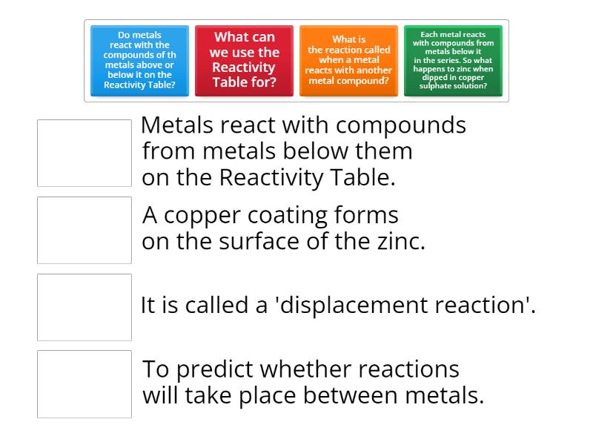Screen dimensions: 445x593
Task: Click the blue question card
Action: pos(139,61)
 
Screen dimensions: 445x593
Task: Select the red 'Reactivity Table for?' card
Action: pos(244,61)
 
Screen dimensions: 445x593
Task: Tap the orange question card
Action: pos(348,61)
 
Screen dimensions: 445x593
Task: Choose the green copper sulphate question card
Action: pos(453,61)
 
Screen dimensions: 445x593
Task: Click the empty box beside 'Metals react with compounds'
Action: pos(85,153)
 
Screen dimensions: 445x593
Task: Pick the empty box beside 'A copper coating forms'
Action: pos(85,230)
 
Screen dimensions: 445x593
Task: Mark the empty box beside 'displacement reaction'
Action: pos(85,307)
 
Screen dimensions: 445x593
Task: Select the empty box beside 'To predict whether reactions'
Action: pos(85,383)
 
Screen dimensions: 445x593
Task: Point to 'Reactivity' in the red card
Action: pos(244,67)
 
